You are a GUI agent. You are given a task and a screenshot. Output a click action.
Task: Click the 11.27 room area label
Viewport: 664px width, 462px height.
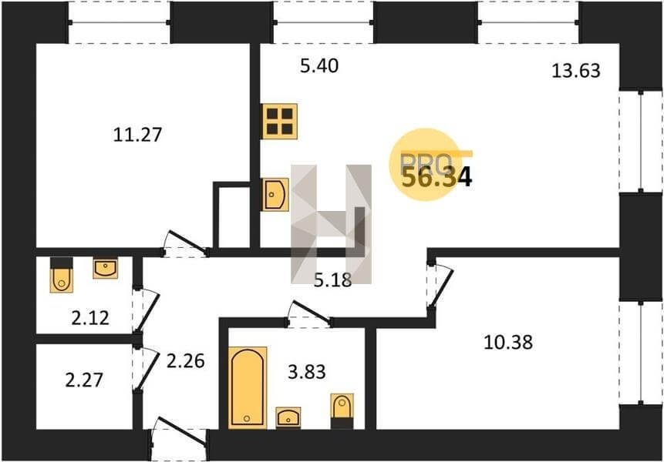[x=137, y=135]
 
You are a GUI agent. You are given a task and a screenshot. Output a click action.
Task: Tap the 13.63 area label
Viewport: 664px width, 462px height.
[x=576, y=71]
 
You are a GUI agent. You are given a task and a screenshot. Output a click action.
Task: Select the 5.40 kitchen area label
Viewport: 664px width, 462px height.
[x=319, y=66]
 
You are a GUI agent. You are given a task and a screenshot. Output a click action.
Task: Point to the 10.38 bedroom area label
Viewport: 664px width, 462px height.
[x=507, y=342]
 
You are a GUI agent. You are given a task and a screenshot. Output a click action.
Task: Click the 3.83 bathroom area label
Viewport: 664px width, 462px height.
[x=307, y=372]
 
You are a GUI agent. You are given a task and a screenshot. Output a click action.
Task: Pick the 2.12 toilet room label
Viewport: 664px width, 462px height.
[x=90, y=318]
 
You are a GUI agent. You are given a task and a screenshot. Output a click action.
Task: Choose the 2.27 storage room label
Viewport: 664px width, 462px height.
[x=84, y=380]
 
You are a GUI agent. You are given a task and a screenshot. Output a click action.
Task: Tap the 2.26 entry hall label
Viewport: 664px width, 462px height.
[x=186, y=361]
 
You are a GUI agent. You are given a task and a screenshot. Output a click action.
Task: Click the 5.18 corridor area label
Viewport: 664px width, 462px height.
[x=333, y=280]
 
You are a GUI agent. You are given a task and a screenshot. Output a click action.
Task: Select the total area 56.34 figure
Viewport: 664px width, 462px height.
[x=436, y=177]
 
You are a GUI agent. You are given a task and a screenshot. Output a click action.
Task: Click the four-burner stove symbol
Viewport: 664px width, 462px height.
[x=279, y=122]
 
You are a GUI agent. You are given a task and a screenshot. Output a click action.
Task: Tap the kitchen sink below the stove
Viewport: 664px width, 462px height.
[x=275, y=195]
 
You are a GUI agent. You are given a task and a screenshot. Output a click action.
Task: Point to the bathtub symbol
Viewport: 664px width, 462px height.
[x=248, y=387]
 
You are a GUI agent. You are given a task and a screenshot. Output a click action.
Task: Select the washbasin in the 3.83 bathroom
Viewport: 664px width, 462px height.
[x=288, y=417]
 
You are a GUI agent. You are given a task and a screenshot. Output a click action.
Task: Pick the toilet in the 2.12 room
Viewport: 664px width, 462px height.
[x=62, y=274]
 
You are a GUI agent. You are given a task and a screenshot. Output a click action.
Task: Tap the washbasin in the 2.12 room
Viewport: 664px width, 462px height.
[x=106, y=269]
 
